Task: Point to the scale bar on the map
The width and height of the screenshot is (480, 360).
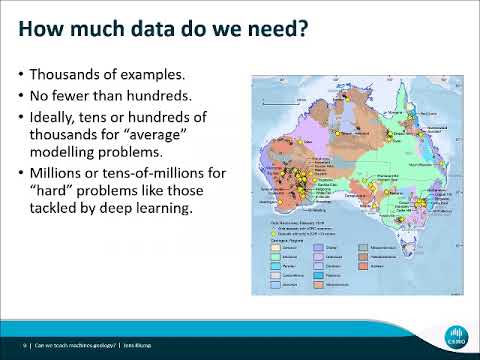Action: click(273, 103)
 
